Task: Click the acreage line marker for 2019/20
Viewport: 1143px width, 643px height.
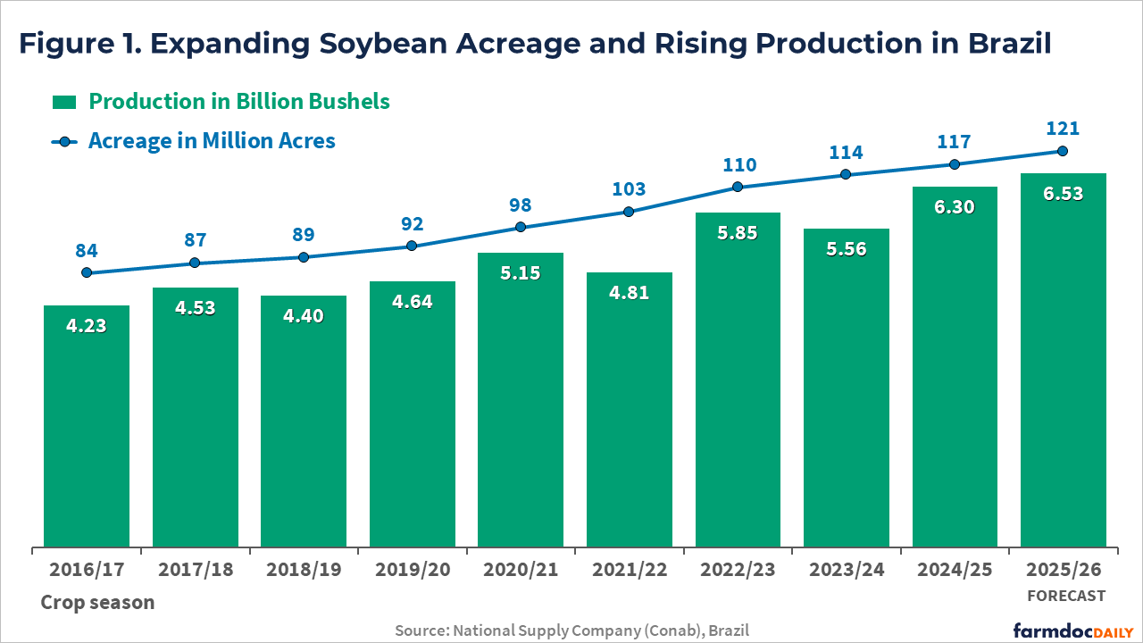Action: coord(412,246)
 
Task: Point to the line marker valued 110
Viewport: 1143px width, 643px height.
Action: coord(738,187)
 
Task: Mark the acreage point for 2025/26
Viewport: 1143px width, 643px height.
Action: coord(1063,151)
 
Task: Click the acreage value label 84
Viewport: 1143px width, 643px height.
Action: coord(87,249)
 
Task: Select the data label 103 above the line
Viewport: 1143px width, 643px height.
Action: coord(630,188)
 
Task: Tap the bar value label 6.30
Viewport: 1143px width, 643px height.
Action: coord(955,206)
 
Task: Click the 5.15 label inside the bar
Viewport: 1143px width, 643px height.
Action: coord(521,272)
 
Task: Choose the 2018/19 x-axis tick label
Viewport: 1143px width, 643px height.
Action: coord(304,569)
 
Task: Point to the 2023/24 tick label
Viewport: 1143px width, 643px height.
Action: coord(846,569)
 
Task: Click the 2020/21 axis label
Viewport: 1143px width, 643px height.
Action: coord(521,569)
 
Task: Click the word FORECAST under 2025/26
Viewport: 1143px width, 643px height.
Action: coord(1065,596)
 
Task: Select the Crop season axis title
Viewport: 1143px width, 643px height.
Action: coord(97,602)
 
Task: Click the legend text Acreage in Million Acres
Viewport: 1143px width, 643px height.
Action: coord(212,140)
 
